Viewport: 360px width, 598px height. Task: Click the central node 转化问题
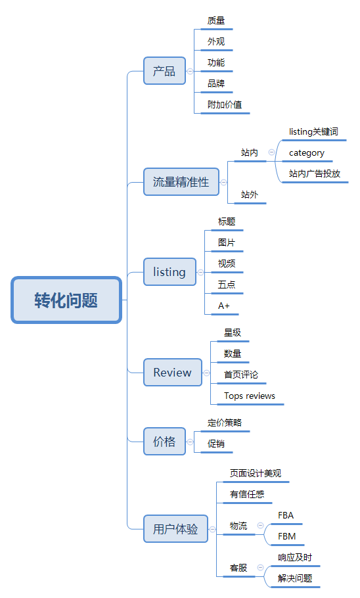[66, 300]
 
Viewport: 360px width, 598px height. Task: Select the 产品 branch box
[164, 71]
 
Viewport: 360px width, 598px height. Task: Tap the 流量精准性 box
[181, 182]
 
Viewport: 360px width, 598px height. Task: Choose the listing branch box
[169, 272]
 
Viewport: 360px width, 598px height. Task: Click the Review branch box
[173, 373]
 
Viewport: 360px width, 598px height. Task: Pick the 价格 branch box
[164, 442]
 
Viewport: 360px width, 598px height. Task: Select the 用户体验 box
[175, 529]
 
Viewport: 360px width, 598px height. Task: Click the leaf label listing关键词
[313, 131]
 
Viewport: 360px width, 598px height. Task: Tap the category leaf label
[307, 153]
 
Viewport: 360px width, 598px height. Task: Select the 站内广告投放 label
[315, 174]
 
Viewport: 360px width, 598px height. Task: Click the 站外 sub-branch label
[249, 195]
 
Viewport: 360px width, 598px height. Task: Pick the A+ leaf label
[224, 306]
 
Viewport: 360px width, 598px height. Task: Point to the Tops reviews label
[250, 396]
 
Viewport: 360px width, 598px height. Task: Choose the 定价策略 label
[225, 423]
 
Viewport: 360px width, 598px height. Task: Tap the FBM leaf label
[286, 536]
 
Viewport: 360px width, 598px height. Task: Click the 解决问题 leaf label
[295, 578]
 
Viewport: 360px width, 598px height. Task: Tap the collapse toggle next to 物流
[260, 526]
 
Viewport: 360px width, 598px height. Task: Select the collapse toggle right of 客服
[260, 568]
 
